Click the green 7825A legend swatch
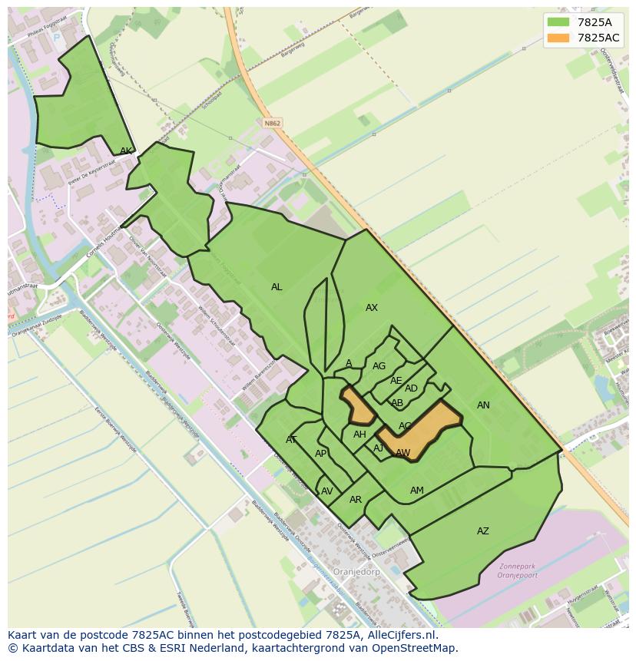pyautogui.click(x=558, y=22)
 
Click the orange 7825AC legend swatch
pyautogui.click(x=558, y=38)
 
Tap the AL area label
pyautogui.click(x=277, y=287)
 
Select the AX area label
pyautogui.click(x=372, y=308)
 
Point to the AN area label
pyautogui.click(x=483, y=405)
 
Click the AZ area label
pyautogui.click(x=483, y=531)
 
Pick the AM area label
pyautogui.click(x=417, y=491)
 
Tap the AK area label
pyautogui.click(x=126, y=151)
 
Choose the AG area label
pyautogui.click(x=379, y=366)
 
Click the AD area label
pyautogui.click(x=411, y=388)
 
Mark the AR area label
pyautogui.click(x=356, y=500)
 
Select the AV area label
pyautogui.click(x=327, y=491)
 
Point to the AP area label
pyautogui.click(x=321, y=454)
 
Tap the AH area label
pyautogui.click(x=359, y=435)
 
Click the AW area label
pyautogui.click(x=403, y=453)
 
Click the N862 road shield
pyautogui.click(x=271, y=123)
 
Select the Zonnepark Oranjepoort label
pyautogui.click(x=516, y=571)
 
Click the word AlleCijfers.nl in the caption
pyautogui.click(x=399, y=635)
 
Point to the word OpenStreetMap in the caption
pyautogui.click(x=414, y=648)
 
